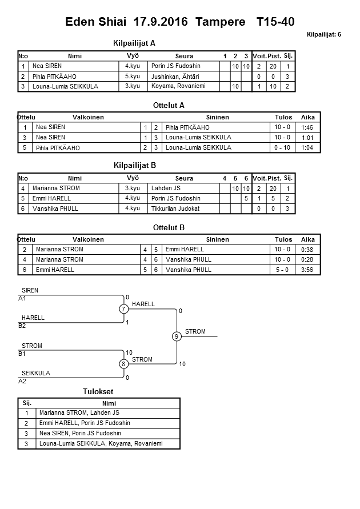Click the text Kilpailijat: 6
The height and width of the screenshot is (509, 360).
coord(323,34)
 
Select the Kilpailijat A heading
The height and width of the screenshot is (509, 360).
coord(135,43)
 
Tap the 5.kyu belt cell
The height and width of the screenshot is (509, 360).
coord(133,77)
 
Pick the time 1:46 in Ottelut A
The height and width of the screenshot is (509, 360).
coord(307,127)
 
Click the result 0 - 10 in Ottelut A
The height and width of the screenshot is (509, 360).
coord(282,147)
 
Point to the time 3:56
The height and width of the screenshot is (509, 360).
coord(307,270)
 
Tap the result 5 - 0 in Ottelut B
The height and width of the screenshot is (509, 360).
coord(282,270)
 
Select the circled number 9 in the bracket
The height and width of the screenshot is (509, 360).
coord(177,336)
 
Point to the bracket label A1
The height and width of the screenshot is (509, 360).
coord(22,299)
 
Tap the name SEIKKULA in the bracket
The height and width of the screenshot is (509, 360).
coord(36,373)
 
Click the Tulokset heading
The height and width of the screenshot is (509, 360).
coord(98,392)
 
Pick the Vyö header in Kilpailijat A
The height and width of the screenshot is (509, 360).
coord(133,56)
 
